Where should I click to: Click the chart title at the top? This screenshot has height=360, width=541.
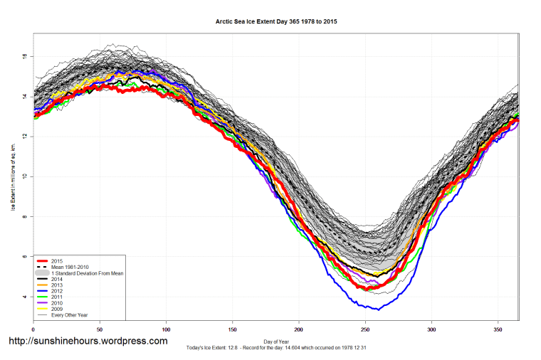coord(276,22)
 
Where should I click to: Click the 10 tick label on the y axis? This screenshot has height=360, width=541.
coord(25,176)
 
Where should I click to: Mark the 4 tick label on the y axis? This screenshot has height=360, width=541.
coord(26,297)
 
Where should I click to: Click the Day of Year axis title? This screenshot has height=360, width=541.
coord(275,341)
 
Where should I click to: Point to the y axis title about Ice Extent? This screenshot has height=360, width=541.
coord(13,176)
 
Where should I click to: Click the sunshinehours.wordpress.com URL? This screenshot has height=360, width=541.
coord(88,342)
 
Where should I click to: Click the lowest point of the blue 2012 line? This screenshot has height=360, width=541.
coord(378,309)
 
